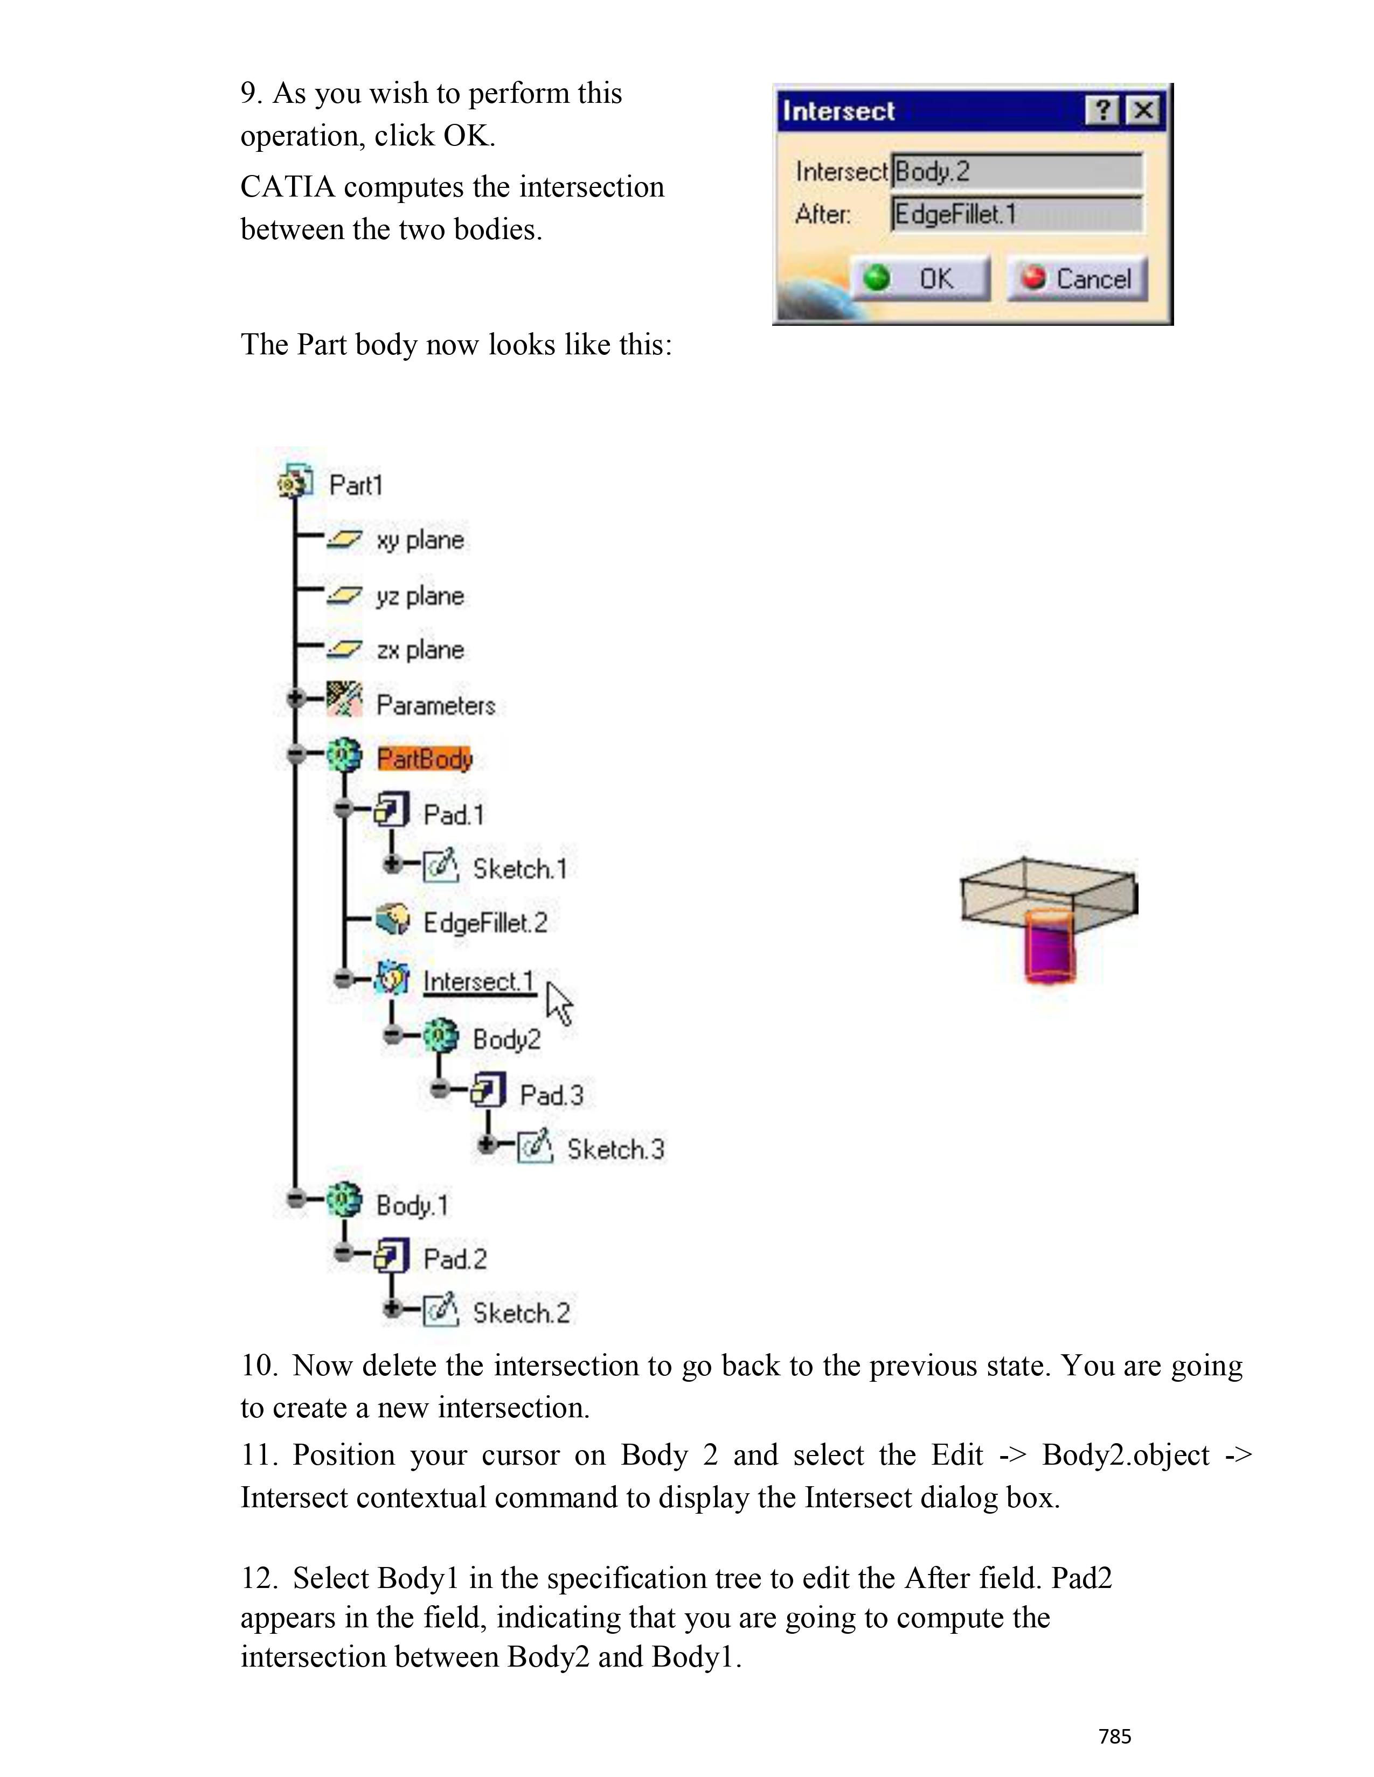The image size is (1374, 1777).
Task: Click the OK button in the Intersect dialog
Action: pos(921,279)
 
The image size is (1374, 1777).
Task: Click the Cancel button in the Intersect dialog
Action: pos(1077,279)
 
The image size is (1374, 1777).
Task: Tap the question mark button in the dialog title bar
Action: pos(1102,110)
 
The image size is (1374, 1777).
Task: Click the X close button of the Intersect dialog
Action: pos(1143,110)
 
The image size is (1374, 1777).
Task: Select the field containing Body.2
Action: pos(1017,172)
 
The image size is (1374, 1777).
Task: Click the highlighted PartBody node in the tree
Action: pos(424,759)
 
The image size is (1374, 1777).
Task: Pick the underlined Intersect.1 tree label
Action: pos(478,981)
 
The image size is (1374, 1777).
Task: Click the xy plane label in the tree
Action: pos(420,540)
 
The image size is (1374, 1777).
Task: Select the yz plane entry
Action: pos(420,597)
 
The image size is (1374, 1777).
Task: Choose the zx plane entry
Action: pos(420,650)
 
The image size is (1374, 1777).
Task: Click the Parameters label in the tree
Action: pos(435,705)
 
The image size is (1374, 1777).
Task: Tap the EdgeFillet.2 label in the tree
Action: pos(485,922)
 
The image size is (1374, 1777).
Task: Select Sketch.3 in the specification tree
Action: pos(615,1150)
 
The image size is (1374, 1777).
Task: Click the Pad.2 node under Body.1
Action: pos(455,1260)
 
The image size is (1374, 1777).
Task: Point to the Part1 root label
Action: pos(356,486)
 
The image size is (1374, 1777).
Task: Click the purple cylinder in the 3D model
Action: pos(1049,949)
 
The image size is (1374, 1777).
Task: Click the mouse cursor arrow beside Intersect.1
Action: pos(558,1003)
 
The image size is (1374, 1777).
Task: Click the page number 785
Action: pos(1114,1736)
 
